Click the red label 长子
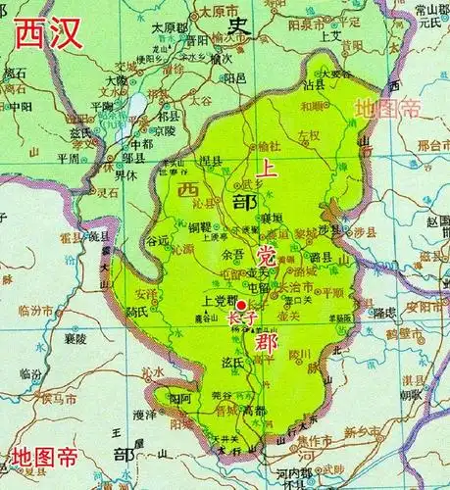point(241,318)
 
